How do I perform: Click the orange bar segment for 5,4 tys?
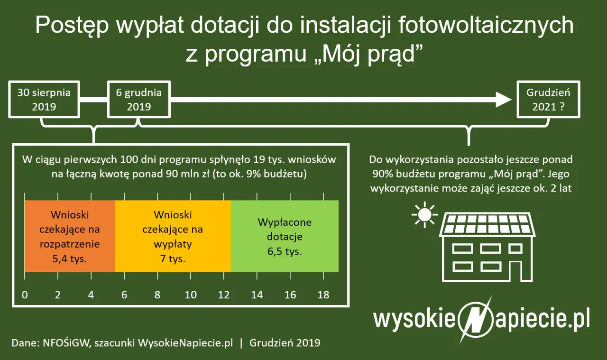pos(70,236)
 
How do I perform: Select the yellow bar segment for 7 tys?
pos(173,236)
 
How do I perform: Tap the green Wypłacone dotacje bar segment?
pos(285,236)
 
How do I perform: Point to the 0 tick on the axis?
pos(25,295)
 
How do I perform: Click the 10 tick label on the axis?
pos(191,295)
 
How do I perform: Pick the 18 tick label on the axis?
pos(323,295)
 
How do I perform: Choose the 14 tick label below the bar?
pos(257,295)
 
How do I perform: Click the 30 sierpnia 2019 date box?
pos(44,100)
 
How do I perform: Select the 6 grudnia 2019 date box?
pos(139,100)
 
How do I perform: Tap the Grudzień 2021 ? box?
pos(548,100)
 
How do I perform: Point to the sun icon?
pos(424,215)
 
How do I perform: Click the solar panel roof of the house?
pos(487,224)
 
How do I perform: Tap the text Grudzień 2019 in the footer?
pos(285,343)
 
